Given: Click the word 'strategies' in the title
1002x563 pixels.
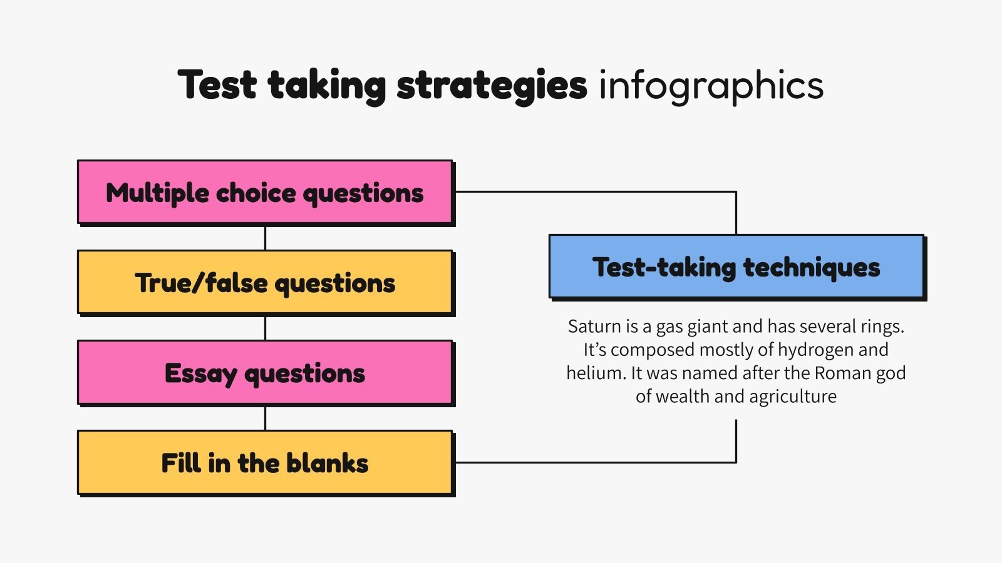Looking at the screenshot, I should coord(492,85).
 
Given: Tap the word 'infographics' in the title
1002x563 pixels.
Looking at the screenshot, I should coord(711,85).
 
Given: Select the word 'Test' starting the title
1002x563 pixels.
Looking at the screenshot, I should coord(217,85).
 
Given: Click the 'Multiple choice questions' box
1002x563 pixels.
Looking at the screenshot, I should coord(265,193).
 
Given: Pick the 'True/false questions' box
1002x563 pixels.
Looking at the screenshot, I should coord(265,283).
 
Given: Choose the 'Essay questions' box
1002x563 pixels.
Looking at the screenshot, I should coord(265,373).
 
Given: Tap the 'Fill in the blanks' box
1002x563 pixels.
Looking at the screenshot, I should coord(265,463).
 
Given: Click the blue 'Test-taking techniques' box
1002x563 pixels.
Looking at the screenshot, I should coord(736,267).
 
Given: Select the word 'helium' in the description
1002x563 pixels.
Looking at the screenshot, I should coord(596,373).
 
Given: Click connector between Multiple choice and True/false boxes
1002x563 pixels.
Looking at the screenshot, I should coord(265,238).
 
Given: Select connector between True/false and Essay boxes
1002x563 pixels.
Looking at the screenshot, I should coord(265,328).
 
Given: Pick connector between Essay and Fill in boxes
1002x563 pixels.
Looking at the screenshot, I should coord(265,418).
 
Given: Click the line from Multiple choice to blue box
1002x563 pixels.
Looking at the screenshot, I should coord(595,192).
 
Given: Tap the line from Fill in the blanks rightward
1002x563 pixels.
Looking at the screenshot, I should coord(595,463).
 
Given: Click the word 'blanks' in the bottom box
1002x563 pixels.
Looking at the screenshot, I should coord(327,464).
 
